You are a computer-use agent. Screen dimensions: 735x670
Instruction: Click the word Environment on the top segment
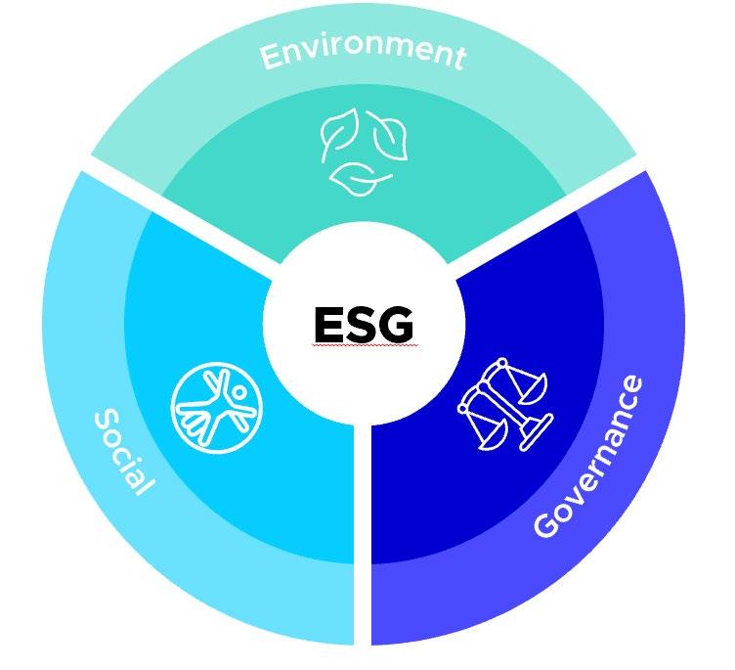point(362,50)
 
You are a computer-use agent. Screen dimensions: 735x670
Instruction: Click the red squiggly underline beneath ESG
point(364,345)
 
